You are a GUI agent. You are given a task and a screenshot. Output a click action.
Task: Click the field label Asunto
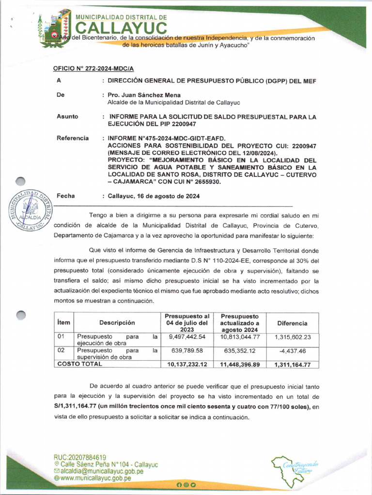(x=67, y=116)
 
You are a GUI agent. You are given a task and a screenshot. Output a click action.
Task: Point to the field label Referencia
(x=73, y=138)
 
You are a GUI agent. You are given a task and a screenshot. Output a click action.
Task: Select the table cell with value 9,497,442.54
(x=187, y=336)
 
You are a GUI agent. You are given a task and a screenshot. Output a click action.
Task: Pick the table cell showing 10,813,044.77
(x=240, y=336)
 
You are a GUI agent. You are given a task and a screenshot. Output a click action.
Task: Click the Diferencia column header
(x=292, y=323)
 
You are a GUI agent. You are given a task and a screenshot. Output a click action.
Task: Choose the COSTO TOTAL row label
(x=80, y=364)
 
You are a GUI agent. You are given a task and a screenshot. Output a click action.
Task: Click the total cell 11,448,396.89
(x=240, y=364)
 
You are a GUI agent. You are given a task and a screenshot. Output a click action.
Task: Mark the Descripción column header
(x=117, y=323)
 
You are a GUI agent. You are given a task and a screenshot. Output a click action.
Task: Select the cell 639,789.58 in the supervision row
(x=187, y=350)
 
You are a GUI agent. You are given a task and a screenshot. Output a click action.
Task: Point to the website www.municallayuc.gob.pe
(x=96, y=478)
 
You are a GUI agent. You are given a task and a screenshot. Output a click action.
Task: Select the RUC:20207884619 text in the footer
(x=80, y=457)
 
